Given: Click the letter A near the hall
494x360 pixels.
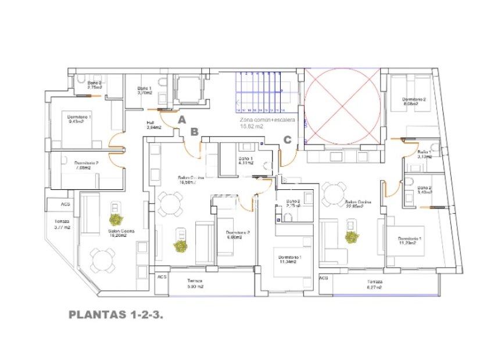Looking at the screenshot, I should tap(182, 120).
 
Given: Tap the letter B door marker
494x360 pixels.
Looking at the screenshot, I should tap(194, 132).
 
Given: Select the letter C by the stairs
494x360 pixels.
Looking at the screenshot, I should tap(287, 139).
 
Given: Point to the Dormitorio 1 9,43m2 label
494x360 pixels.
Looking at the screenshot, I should tap(79, 119).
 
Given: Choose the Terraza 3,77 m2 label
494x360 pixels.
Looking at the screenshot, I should tap(63, 225).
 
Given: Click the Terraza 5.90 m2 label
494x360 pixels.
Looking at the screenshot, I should tap(195, 283).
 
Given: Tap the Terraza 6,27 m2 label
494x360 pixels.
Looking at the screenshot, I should tap(375, 284).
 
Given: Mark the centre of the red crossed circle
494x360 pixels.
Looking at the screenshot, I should tap(342, 105).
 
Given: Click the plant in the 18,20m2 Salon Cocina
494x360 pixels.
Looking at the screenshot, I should tap(117, 219).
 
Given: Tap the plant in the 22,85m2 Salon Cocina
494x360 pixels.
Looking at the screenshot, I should tap(351, 237).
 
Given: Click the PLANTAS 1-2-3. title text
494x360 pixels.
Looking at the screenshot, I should tap(115, 315).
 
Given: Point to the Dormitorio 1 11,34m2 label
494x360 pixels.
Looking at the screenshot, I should tap(289, 260).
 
